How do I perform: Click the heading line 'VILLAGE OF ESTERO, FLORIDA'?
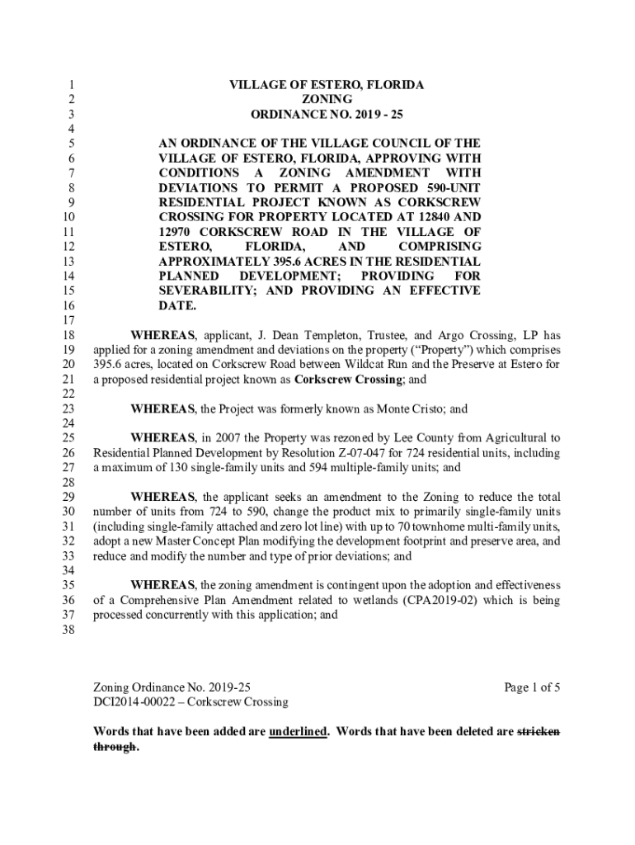pos(327,85)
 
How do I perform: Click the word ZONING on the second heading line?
pos(327,99)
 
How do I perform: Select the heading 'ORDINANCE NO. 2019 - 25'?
pos(327,114)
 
